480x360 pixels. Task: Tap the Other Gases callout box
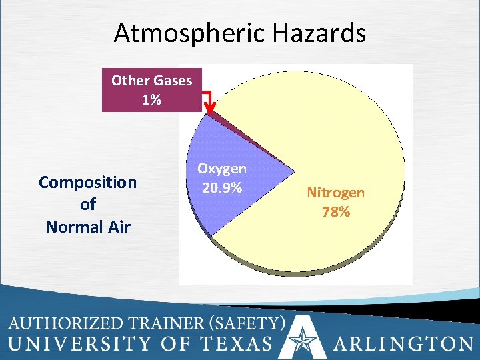point(151,90)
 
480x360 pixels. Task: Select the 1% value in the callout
point(151,100)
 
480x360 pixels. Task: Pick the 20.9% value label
point(222,188)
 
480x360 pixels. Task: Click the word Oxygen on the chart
point(222,170)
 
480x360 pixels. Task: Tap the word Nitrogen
point(335,193)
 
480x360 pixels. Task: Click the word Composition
point(88,182)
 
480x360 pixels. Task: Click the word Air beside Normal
point(118,227)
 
